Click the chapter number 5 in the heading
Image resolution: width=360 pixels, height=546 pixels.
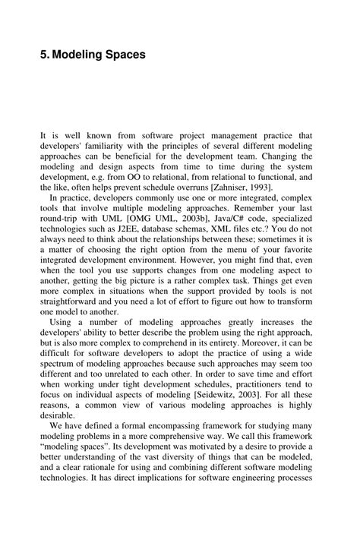tap(43, 55)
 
